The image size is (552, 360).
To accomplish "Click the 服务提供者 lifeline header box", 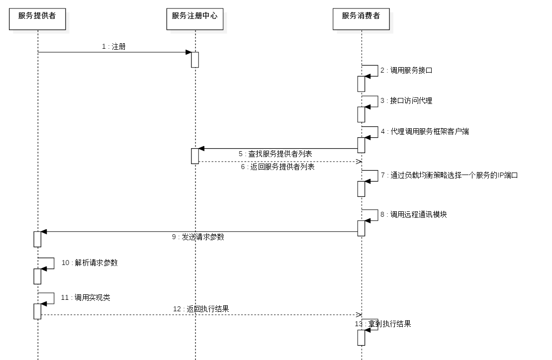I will (x=37, y=19).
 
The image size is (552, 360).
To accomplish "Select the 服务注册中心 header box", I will (x=195, y=19).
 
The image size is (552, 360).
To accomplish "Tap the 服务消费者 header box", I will (x=361, y=19).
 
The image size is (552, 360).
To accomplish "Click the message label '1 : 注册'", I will (x=114, y=46).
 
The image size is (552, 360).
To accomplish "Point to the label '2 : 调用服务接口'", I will (x=406, y=71).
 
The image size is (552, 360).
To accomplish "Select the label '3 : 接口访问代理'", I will (x=406, y=101).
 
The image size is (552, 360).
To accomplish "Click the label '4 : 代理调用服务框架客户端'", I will (x=425, y=132).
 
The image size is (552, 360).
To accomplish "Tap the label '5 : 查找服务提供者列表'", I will (x=275, y=154).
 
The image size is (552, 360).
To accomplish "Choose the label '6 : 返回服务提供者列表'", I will (x=277, y=167).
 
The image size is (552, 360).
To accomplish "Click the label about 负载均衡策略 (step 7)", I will (x=450, y=175).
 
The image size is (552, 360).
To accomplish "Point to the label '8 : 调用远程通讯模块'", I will (x=414, y=215).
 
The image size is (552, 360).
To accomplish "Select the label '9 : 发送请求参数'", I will (x=198, y=237).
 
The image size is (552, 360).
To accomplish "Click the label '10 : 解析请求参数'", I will (x=90, y=263).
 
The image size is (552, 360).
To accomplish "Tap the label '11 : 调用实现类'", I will (x=86, y=298).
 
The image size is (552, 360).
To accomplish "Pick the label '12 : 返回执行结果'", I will (x=201, y=309).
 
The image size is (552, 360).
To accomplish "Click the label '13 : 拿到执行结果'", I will (x=383, y=324).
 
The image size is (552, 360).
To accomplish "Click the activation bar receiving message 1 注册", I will (x=195, y=60).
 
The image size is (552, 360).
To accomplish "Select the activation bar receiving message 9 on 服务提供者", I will (x=37, y=239).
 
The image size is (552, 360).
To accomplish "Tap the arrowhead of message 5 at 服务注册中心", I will (x=201, y=149).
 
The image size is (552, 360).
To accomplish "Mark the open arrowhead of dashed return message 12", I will (x=359, y=315).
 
